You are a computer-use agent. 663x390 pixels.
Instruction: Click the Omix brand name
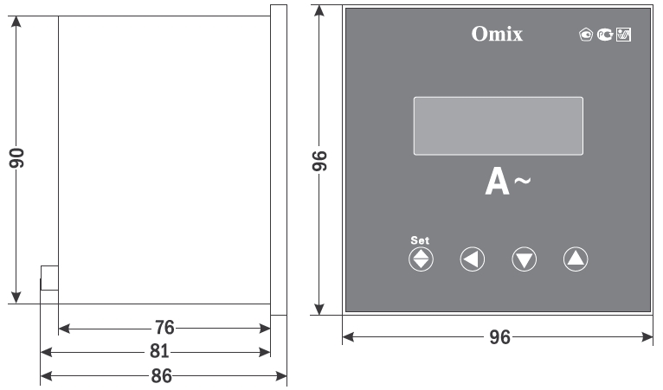click(x=497, y=34)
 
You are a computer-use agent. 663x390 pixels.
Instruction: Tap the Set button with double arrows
click(x=421, y=259)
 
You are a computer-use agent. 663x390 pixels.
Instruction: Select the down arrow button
click(x=525, y=259)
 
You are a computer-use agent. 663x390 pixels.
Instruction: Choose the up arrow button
click(x=576, y=259)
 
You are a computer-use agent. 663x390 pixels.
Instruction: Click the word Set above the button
click(x=420, y=240)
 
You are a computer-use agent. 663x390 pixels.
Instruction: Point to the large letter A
click(x=497, y=182)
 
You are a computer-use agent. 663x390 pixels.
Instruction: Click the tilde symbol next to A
click(x=522, y=181)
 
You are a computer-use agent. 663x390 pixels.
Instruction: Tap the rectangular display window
click(x=498, y=126)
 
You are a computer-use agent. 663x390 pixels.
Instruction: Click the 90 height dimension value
click(x=17, y=158)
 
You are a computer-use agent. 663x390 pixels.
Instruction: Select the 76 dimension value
click(x=164, y=328)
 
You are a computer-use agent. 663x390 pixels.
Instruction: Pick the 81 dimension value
click(x=159, y=351)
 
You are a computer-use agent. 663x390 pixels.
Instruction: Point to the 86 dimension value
click(x=162, y=375)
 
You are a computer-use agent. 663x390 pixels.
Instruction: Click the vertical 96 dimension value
click(x=319, y=161)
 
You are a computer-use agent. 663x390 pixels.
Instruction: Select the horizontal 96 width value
click(x=499, y=337)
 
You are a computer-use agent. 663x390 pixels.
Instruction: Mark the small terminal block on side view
click(x=49, y=278)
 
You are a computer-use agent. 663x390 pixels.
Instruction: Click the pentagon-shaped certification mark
click(x=586, y=35)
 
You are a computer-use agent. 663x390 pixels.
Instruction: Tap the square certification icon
click(x=624, y=35)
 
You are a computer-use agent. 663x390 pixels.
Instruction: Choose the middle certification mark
click(x=605, y=35)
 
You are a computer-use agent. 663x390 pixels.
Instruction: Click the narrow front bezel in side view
click(x=279, y=160)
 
